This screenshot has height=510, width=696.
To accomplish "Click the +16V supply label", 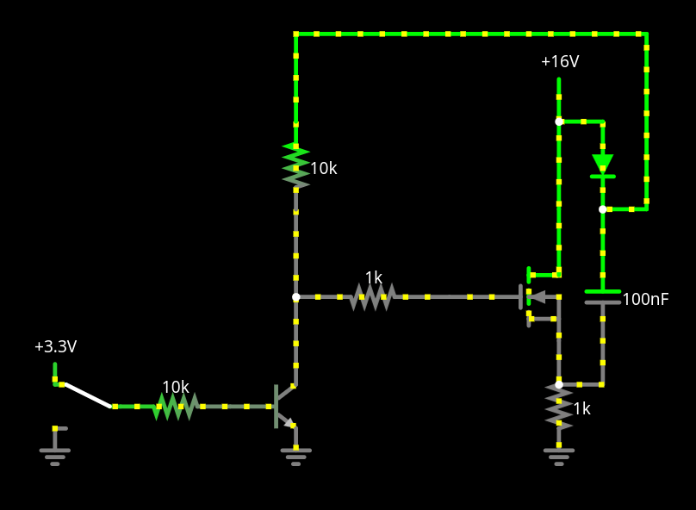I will point(559,62).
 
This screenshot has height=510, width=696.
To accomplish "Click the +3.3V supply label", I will point(55,346).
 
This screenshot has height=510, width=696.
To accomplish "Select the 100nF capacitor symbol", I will point(602,297).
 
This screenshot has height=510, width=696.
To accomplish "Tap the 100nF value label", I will point(645,300).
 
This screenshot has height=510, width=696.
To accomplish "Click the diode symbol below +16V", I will point(602,164).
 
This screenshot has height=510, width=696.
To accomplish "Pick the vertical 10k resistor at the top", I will point(295,165).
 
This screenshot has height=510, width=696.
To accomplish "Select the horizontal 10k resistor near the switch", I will point(176,406).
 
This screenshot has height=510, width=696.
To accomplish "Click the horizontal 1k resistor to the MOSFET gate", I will point(372,297).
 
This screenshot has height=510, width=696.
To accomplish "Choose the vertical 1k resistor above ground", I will point(559,405).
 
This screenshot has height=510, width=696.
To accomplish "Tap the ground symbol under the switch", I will point(55,452).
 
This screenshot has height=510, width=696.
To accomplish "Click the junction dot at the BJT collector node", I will point(295,297).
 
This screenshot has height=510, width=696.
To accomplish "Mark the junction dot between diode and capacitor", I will point(602,209).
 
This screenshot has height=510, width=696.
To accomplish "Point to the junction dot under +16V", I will point(559,121).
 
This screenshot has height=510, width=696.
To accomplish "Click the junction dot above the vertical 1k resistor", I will point(559,384).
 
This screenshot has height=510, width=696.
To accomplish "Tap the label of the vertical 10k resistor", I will point(324,169).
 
